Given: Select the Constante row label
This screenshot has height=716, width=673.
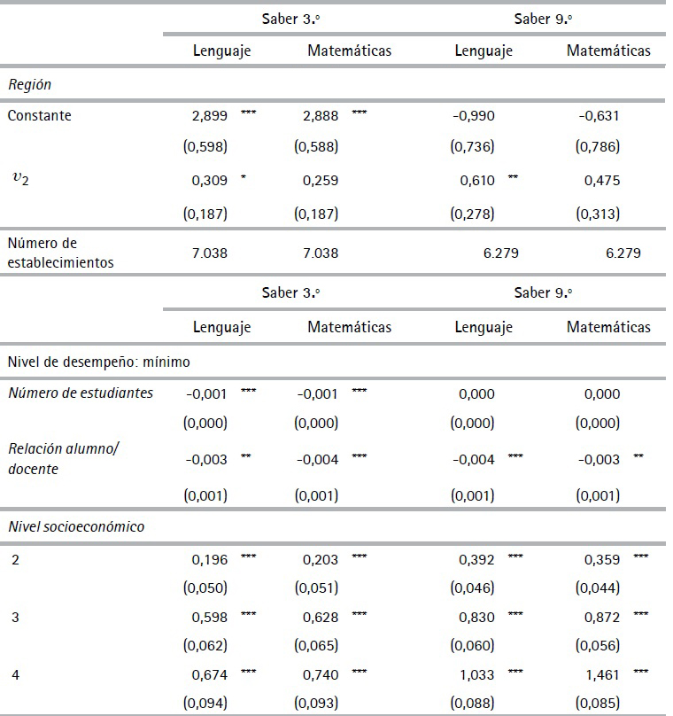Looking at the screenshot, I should [40, 115].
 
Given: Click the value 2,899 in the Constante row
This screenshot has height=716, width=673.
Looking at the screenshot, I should [210, 115].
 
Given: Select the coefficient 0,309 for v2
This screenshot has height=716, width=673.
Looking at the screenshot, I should [210, 181].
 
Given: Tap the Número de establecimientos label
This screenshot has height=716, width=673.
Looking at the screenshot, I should [59, 252].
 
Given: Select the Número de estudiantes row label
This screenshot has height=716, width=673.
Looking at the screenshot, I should [81, 393].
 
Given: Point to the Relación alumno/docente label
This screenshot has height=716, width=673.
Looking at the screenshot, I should [62, 458].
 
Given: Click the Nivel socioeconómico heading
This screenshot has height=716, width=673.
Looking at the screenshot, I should [75, 526].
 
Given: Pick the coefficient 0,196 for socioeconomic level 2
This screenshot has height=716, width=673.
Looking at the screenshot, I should [210, 559].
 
